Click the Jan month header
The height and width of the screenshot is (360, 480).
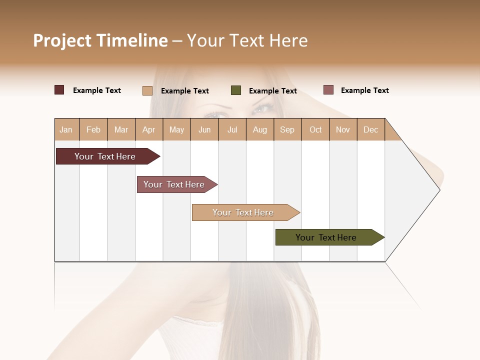pyautogui.click(x=66, y=129)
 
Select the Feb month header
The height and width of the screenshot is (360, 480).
pyautogui.click(x=93, y=129)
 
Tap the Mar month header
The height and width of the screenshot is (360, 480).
pyautogui.click(x=121, y=129)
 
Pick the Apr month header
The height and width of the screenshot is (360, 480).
pyautogui.click(x=149, y=129)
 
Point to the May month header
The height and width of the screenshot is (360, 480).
pyautogui.click(x=176, y=129)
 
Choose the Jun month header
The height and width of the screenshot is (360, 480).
pyautogui.click(x=204, y=129)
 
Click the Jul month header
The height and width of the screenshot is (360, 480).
pyautogui.click(x=232, y=129)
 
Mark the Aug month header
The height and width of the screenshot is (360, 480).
pyautogui.click(x=260, y=129)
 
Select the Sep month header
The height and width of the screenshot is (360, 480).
pyautogui.click(x=287, y=129)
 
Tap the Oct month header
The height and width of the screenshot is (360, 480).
pyautogui.click(x=315, y=129)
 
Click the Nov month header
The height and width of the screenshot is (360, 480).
pyautogui.click(x=343, y=129)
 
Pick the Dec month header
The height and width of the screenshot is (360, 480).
pyautogui.click(x=370, y=129)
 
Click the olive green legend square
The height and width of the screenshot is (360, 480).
pyautogui.click(x=236, y=90)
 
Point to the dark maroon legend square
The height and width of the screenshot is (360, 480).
pyautogui.click(x=59, y=90)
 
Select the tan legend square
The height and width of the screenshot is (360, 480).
pyautogui.click(x=147, y=90)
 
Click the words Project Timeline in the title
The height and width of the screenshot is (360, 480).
pyautogui.click(x=100, y=40)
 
